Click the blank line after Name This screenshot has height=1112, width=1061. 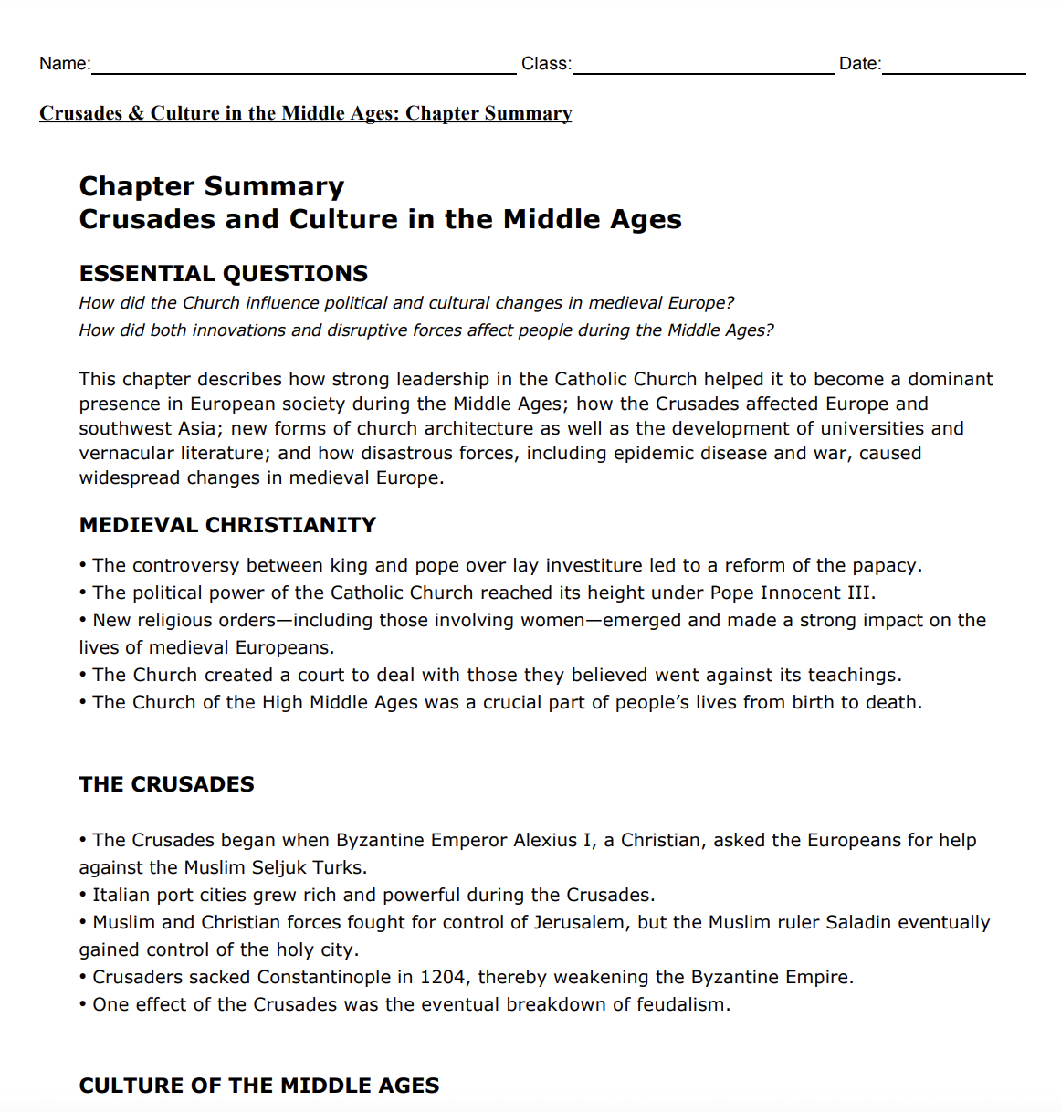(303, 66)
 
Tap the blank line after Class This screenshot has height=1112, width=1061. (702, 66)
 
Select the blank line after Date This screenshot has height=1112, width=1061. (953, 66)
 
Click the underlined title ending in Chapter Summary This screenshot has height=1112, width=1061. (305, 113)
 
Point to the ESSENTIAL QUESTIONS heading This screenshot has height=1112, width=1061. (223, 274)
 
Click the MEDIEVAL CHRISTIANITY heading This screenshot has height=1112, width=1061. (227, 525)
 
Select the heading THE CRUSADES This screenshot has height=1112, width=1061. (166, 784)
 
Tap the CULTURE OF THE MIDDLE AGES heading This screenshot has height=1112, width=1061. (258, 1086)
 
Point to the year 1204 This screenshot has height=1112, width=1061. (442, 977)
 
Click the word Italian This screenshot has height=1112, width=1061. (120, 895)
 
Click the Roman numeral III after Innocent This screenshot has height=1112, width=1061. (859, 593)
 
